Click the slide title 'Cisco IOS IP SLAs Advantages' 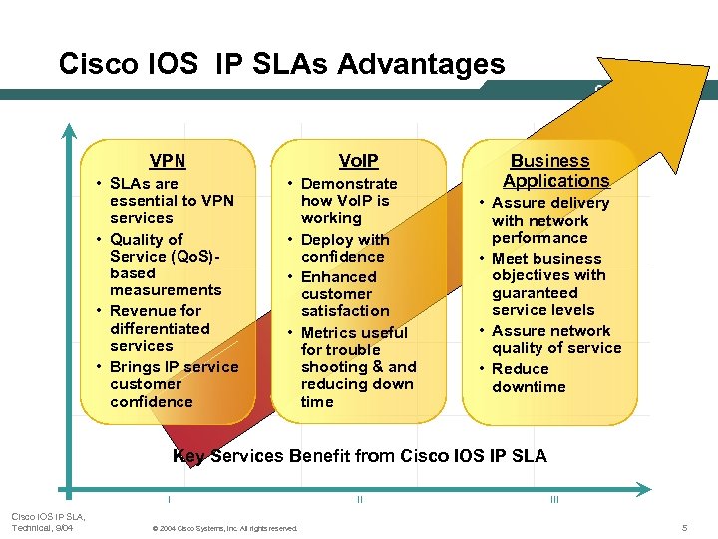click(x=281, y=64)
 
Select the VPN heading click(x=168, y=161)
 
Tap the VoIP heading click(x=358, y=161)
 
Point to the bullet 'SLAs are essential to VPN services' click(x=171, y=201)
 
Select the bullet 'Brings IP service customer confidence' click(x=173, y=384)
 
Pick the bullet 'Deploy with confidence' click(x=344, y=248)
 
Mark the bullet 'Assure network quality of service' click(x=554, y=340)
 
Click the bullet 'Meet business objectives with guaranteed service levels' click(x=547, y=284)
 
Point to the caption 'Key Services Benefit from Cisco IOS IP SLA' click(x=359, y=456)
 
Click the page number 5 click(x=685, y=527)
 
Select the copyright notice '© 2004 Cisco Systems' click(x=222, y=528)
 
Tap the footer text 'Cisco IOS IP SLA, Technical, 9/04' click(x=47, y=521)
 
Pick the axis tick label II click(x=359, y=499)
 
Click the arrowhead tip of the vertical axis click(x=68, y=129)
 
